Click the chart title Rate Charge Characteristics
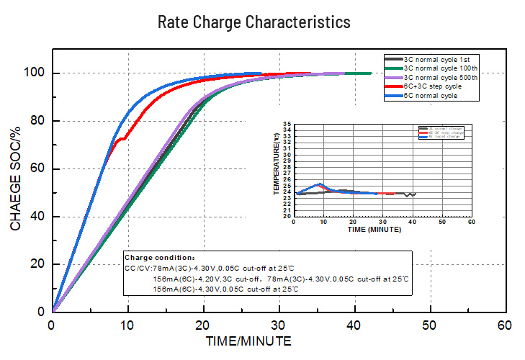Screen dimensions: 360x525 point(254,22)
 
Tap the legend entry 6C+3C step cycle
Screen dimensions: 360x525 point(432,86)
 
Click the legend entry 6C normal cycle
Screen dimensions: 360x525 point(430,96)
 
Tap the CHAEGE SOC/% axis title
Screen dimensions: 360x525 point(16,177)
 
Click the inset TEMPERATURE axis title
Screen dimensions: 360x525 point(277,163)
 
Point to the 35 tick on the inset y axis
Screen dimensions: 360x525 point(287,125)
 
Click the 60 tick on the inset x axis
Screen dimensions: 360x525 point(471,221)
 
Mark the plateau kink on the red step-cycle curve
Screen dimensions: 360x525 point(123,138)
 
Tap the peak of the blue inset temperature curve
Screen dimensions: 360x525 point(320,184)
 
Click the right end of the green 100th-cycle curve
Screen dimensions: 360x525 point(370,73)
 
